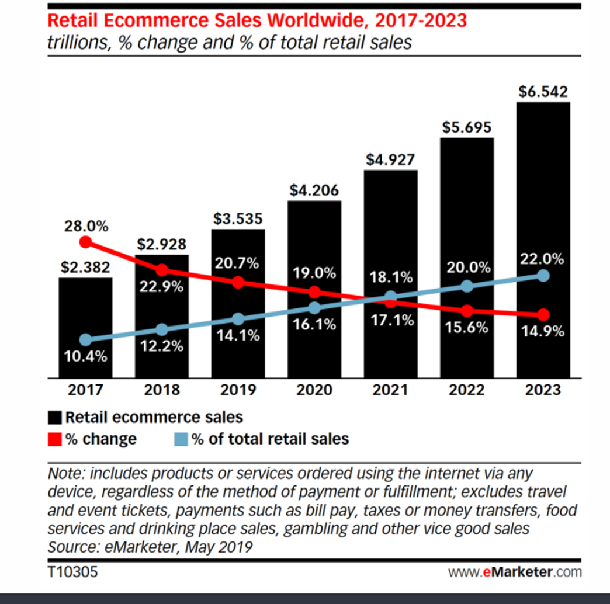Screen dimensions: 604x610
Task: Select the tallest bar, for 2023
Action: [543, 193]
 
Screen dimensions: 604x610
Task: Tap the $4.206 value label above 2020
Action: [314, 190]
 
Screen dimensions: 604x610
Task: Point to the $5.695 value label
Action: [467, 127]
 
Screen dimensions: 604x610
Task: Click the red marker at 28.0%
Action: [85, 242]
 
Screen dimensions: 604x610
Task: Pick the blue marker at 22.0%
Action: [543, 275]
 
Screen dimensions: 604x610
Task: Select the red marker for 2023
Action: [543, 315]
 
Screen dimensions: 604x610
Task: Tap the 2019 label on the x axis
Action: [238, 390]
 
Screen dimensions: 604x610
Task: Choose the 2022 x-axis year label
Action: [467, 390]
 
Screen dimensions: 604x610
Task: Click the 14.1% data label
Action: [238, 337]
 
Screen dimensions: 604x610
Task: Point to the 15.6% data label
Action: [467, 328]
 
